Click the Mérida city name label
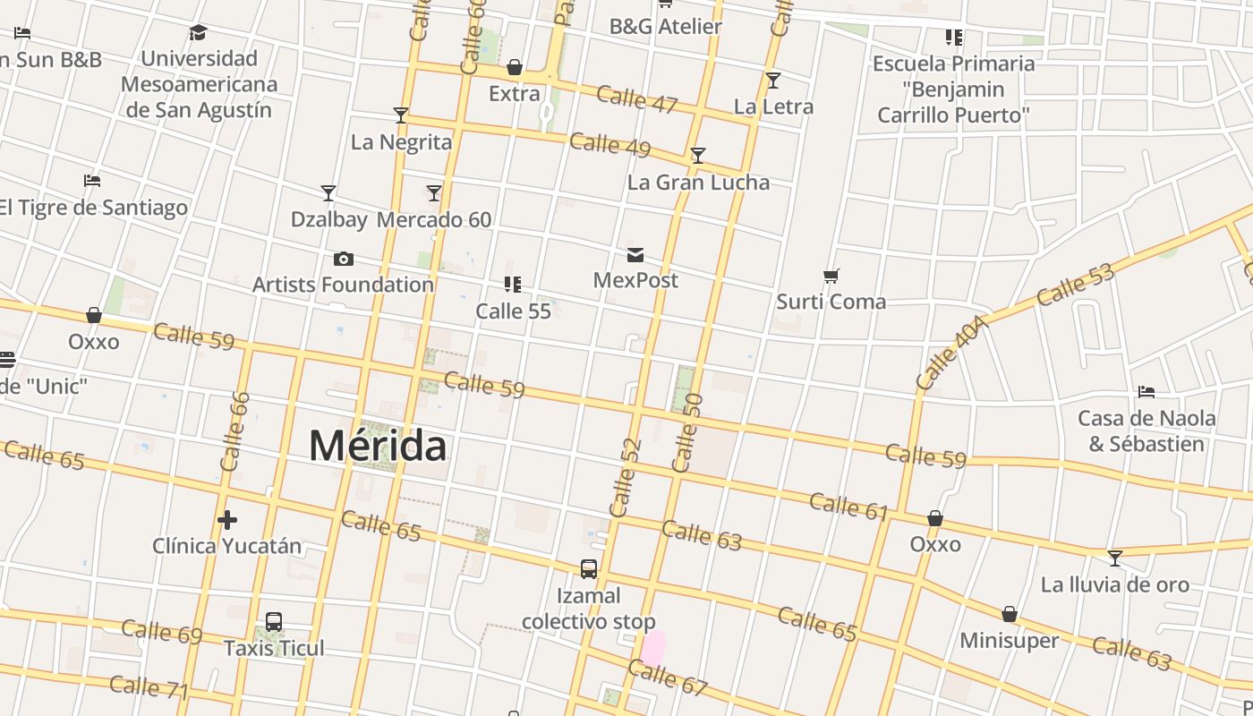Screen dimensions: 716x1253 (377, 445)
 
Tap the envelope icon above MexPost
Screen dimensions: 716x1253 (635, 255)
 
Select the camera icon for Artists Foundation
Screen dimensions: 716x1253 (343, 260)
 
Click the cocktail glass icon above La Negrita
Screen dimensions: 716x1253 (401, 115)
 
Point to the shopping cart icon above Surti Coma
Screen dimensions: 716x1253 (831, 277)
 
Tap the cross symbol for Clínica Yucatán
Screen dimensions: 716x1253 (227, 519)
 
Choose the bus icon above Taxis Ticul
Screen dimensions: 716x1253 (274, 622)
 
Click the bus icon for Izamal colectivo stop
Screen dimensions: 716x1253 (589, 569)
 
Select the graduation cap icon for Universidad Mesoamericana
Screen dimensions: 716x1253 (198, 33)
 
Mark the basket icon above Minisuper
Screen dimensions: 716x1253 (1010, 614)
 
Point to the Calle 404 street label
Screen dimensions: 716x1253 (951, 352)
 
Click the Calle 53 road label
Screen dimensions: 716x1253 (1077, 284)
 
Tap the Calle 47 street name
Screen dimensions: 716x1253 (636, 98)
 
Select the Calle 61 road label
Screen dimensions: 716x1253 (848, 506)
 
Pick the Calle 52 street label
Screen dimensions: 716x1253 (626, 477)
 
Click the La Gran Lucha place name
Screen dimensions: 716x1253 (698, 183)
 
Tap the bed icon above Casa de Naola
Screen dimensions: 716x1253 (1146, 392)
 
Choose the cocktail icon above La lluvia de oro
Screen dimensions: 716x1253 (1114, 558)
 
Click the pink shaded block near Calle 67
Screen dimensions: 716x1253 (653, 648)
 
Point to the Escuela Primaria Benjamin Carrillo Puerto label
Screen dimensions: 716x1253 (953, 89)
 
